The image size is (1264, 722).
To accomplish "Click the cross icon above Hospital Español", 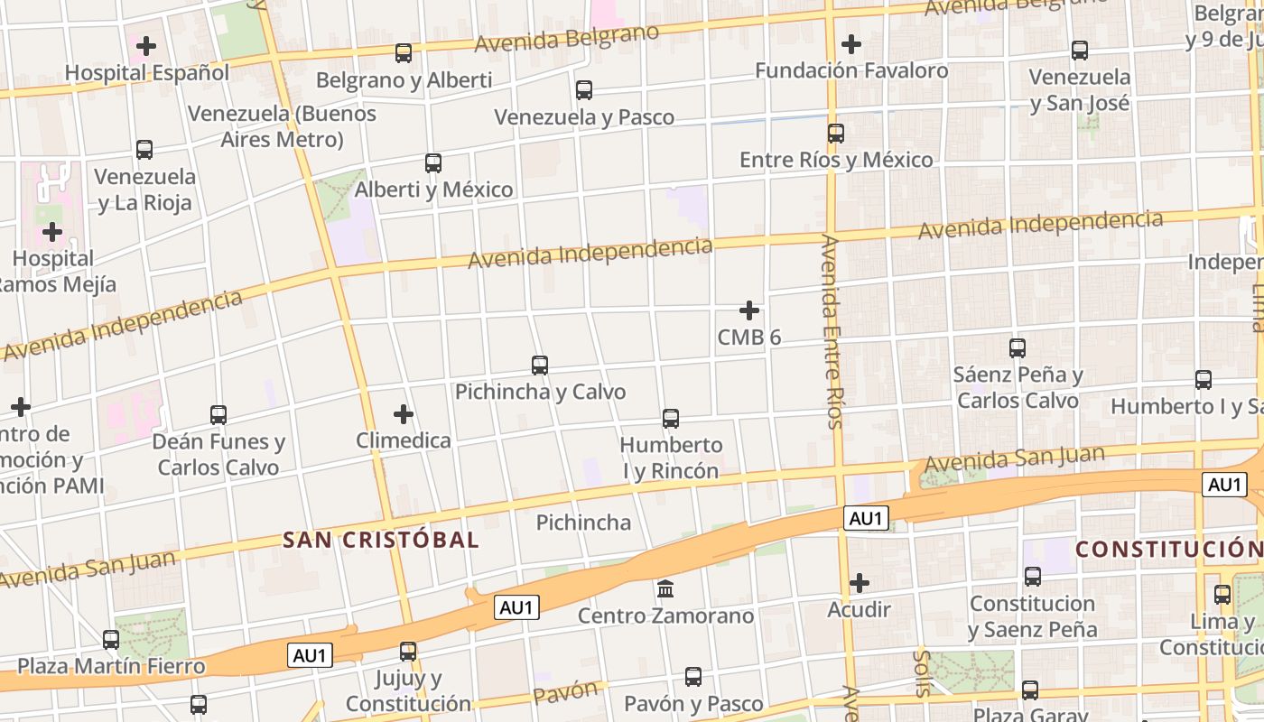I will (x=146, y=45).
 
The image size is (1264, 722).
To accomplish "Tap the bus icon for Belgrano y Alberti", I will (x=404, y=53).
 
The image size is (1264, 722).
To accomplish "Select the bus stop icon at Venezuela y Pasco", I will (x=584, y=90).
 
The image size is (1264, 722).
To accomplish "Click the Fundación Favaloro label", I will (x=850, y=70).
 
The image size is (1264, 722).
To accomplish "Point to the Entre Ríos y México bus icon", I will (x=836, y=134).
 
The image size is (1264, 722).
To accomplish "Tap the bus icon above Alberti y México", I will (x=433, y=163).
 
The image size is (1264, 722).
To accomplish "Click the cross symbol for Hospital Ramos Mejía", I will (x=52, y=232).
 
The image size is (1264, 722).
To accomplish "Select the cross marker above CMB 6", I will (x=749, y=310).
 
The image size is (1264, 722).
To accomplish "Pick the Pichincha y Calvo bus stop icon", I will (x=540, y=366).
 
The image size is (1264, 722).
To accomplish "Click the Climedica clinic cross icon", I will (x=404, y=414).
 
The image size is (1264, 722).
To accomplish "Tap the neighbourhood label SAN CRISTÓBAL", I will (x=381, y=541).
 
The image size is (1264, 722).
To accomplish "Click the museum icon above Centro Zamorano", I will (x=665, y=589).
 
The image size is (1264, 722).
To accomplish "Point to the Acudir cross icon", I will (x=860, y=583).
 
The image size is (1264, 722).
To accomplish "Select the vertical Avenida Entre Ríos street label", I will (x=832, y=331).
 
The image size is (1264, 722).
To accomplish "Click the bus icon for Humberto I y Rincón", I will (x=671, y=419).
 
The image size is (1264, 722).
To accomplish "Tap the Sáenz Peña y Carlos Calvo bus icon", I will (x=1018, y=347).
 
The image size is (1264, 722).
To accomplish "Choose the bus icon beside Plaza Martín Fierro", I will (x=111, y=640).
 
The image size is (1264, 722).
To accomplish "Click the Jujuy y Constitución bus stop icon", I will (x=408, y=652).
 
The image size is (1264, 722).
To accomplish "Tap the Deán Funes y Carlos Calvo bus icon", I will (x=218, y=415).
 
